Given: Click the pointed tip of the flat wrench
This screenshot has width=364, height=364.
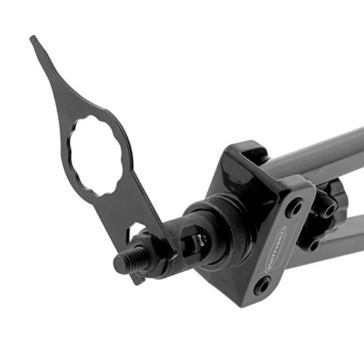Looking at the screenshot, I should [33, 40].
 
